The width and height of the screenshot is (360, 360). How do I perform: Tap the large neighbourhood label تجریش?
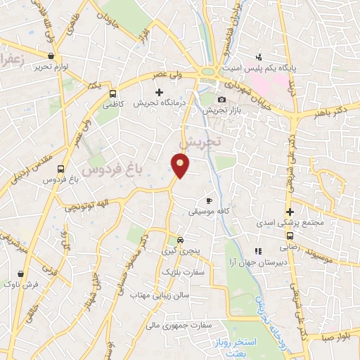[200, 142]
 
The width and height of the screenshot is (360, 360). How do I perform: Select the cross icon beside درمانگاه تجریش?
[160, 91]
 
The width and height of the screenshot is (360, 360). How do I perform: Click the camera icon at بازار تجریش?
[223, 100]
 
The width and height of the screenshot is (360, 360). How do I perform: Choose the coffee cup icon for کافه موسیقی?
[208, 200]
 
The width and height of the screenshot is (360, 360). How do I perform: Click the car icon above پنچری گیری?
[180, 238]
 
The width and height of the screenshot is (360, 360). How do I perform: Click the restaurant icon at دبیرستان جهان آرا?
[258, 250]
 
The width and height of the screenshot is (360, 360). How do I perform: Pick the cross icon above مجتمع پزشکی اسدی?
[289, 212]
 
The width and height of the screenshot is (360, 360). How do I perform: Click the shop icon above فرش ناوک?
[20, 274]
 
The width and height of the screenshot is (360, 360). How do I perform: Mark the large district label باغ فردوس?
[110, 169]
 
